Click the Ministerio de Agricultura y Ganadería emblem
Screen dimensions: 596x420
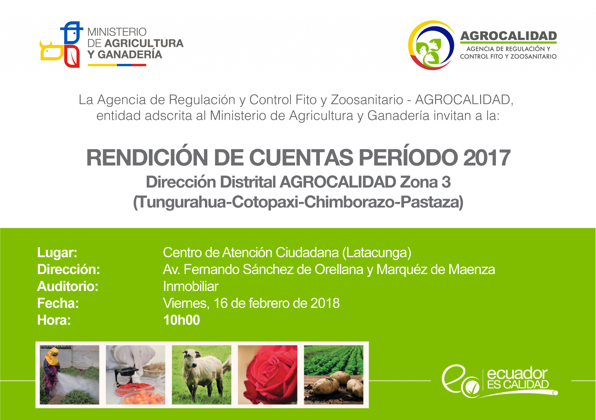pyautogui.click(x=60, y=44)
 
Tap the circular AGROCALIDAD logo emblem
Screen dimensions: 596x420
pyautogui.click(x=431, y=45)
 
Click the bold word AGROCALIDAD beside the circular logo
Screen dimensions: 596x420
pyautogui.click(x=508, y=36)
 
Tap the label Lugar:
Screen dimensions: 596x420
pyautogui.click(x=57, y=253)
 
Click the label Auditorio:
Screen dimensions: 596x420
pyautogui.click(x=68, y=286)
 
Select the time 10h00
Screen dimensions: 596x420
pyautogui.click(x=182, y=320)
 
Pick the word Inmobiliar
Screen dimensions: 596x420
pyautogui.click(x=191, y=286)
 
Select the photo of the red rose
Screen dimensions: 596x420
pyautogui.click(x=267, y=375)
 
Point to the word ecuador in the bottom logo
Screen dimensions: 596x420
pyautogui.click(x=517, y=374)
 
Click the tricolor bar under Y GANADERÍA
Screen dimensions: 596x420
pyautogui.click(x=117, y=65)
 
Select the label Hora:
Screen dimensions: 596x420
pyautogui.click(x=54, y=320)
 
